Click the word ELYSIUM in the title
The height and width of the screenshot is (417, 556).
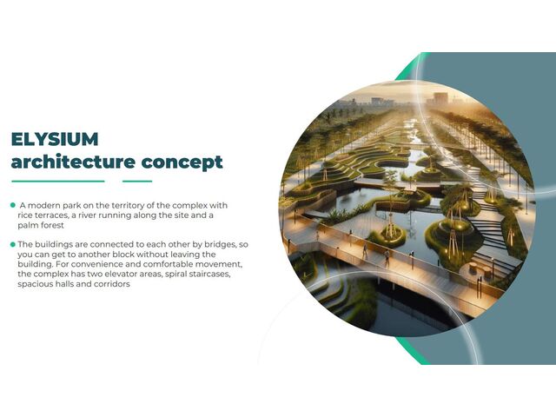(x=55, y=139)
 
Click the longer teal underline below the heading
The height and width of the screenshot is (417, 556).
(x=57, y=182)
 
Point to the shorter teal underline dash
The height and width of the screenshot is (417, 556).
(x=137, y=182)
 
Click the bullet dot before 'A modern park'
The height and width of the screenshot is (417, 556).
(x=13, y=205)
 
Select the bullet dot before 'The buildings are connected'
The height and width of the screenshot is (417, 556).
(x=13, y=244)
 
